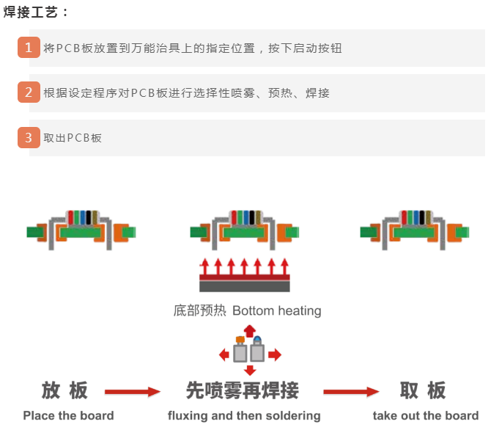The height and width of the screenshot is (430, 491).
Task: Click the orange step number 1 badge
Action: (x=29, y=48)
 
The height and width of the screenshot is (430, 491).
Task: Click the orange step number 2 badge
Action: (x=29, y=92)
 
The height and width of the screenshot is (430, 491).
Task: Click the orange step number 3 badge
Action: (x=29, y=137)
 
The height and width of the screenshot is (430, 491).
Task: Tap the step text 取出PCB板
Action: (x=73, y=138)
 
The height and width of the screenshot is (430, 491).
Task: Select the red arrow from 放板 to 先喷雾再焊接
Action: (x=132, y=392)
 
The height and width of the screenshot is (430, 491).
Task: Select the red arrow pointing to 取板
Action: (x=351, y=392)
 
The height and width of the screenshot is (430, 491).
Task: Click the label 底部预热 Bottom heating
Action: (x=247, y=310)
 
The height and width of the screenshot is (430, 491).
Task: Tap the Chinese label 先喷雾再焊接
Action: (x=243, y=390)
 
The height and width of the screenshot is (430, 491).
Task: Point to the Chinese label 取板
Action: (x=423, y=390)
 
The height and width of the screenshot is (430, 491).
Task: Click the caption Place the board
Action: (x=68, y=415)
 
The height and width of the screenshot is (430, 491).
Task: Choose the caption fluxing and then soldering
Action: (x=244, y=415)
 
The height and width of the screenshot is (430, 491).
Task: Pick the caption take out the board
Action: (x=425, y=415)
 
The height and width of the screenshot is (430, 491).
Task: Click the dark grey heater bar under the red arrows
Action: (x=245, y=287)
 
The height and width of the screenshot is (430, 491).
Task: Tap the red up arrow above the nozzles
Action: (x=250, y=330)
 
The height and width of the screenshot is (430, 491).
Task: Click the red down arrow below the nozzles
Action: (x=250, y=370)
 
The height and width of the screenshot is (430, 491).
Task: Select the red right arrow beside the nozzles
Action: (x=274, y=355)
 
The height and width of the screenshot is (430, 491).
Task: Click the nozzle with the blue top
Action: (x=258, y=350)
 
